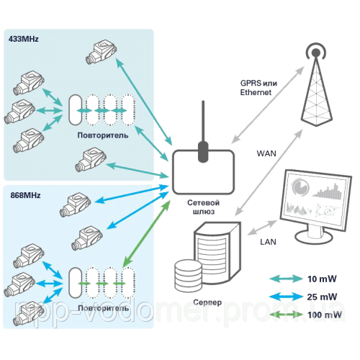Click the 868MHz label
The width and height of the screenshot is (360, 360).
(x=22, y=194)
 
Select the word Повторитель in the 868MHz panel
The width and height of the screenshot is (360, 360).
(x=101, y=307)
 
